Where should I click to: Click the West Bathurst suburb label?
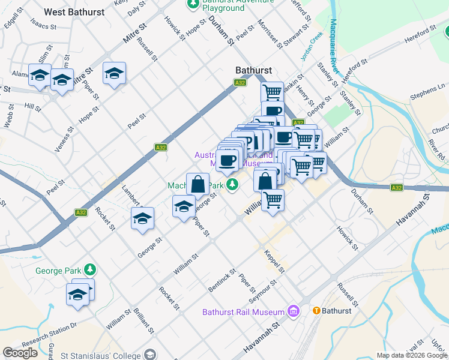[70, 12]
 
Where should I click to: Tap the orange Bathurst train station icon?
[316, 311]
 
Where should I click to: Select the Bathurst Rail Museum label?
[243, 312]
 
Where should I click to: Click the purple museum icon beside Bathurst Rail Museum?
[293, 311]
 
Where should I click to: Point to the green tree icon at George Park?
[90, 268]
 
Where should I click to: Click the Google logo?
[20, 353]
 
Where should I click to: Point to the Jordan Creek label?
[313, 43]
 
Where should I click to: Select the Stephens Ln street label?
[427, 91]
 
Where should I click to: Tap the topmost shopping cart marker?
[272, 92]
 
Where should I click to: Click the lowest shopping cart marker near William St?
[273, 199]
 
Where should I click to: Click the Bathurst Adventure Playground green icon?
[193, 4]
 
